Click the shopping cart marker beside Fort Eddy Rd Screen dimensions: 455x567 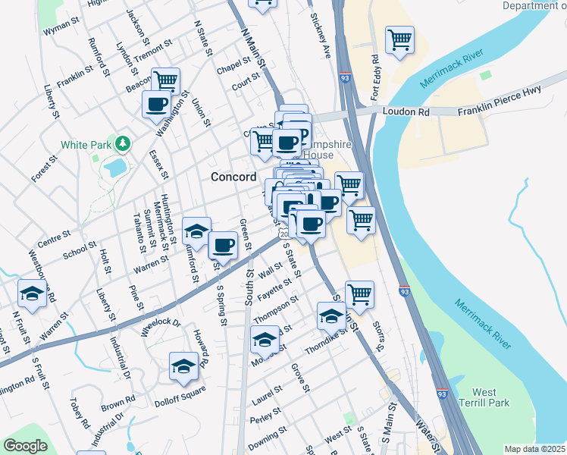pyautogui.click(x=399, y=39)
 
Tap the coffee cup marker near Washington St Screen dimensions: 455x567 pyautogui.click(x=157, y=104)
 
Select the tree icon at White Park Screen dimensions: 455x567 pyautogui.click(x=121, y=143)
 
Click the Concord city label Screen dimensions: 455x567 pyautogui.click(x=233, y=177)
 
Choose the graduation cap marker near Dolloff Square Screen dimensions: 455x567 pyautogui.click(x=183, y=366)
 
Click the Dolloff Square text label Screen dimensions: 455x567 pyautogui.click(x=180, y=391)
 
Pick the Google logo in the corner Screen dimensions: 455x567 pyautogui.click(x=25, y=446)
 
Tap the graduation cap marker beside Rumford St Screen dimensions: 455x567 pyautogui.click(x=196, y=231)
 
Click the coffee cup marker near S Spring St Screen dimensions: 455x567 pyautogui.click(x=223, y=244)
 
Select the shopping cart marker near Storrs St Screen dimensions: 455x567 pyautogui.click(x=359, y=294)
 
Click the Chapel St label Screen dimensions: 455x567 pyautogui.click(x=233, y=66)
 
